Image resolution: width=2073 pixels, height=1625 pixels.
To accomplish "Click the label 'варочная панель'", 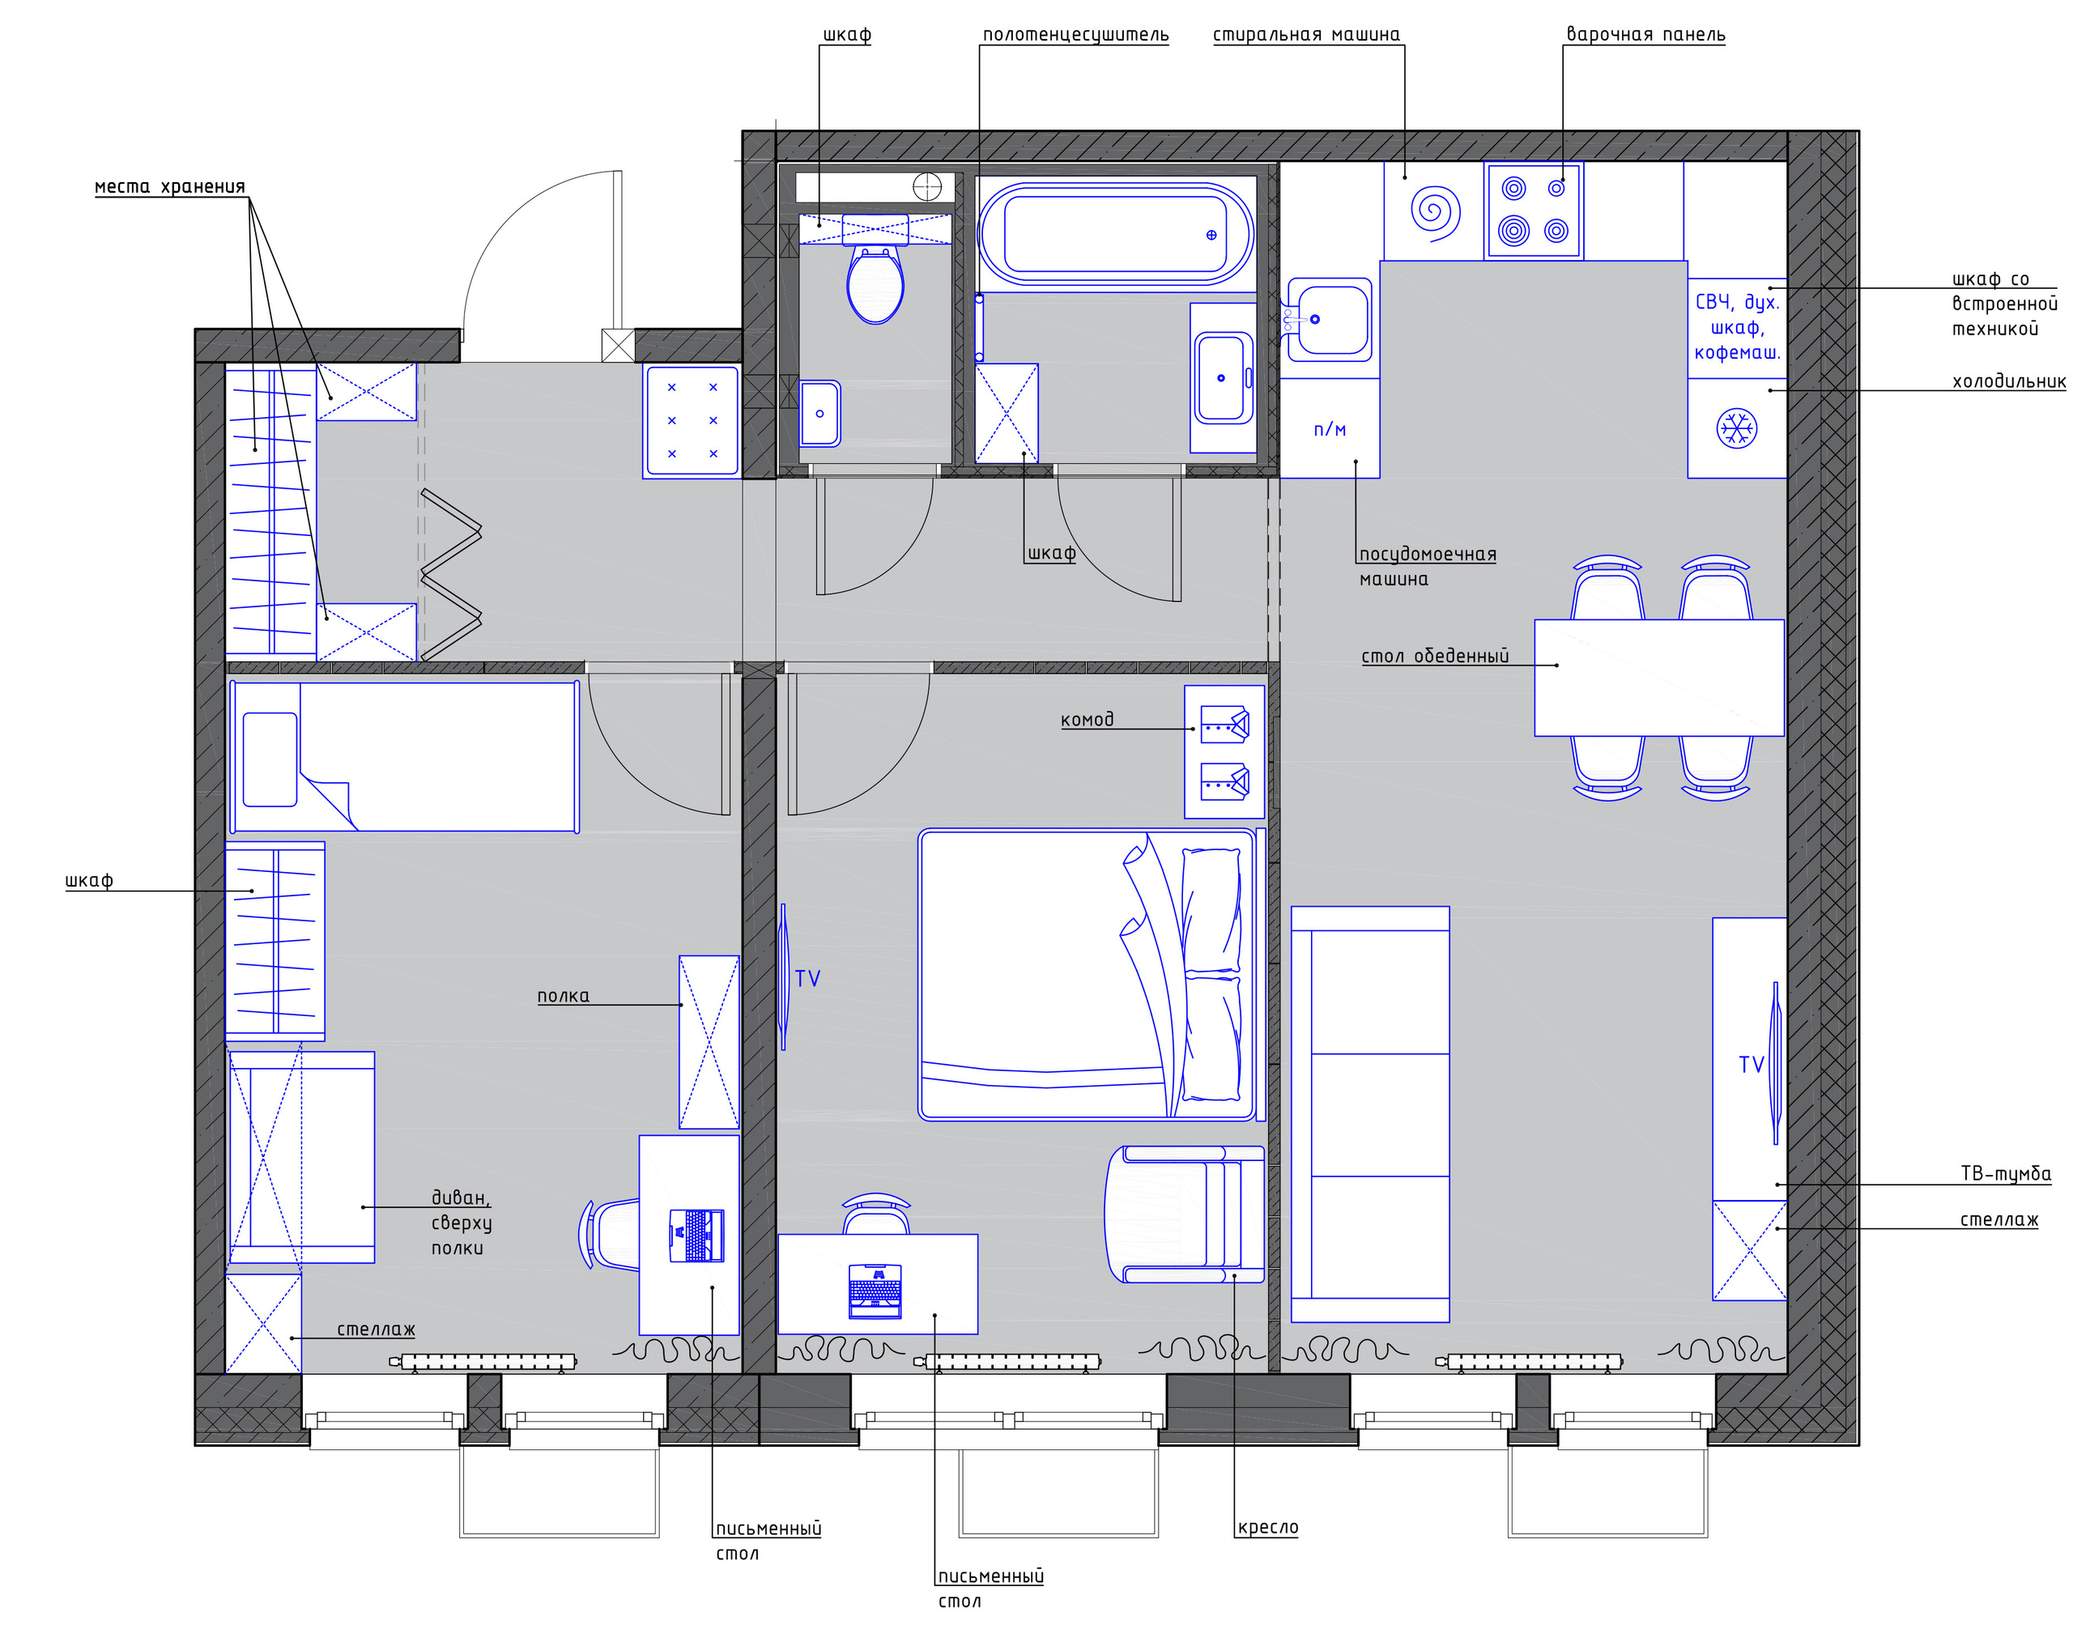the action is coord(1645,34).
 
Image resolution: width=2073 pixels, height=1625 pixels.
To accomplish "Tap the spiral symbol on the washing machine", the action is coord(1435,212).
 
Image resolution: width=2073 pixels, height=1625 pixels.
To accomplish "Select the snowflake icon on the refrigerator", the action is coord(1736,428).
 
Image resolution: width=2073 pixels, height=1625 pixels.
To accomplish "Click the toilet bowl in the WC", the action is coord(875,284).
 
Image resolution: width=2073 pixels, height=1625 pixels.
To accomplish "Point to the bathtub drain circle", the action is coord(1211,235).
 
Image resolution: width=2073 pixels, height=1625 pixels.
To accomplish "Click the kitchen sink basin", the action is coord(1329,321).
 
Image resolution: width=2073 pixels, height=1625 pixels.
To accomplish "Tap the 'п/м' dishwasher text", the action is coord(1329,429).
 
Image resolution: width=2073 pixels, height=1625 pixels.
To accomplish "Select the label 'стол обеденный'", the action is coord(1435,656).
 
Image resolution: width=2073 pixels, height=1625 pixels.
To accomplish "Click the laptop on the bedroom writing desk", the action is coord(875,1291).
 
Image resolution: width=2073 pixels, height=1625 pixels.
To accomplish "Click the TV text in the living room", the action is coord(1752,1065).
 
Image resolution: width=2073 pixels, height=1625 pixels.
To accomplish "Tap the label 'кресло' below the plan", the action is coord(1267,1528).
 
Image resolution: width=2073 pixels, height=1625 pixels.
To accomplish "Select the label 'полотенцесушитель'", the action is coord(1075,35).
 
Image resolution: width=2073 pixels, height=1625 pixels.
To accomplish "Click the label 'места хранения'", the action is coord(169,186).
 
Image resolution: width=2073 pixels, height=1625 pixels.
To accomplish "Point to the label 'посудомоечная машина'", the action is coord(1427,566).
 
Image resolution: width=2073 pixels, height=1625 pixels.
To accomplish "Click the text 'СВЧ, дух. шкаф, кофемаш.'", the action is coord(1737,327).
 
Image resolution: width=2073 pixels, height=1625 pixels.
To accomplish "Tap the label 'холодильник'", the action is coord(2009,381).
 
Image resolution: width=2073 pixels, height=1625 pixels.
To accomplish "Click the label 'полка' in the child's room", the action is coord(564,996).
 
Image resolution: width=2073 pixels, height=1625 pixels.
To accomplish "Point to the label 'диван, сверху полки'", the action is coord(462,1223).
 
